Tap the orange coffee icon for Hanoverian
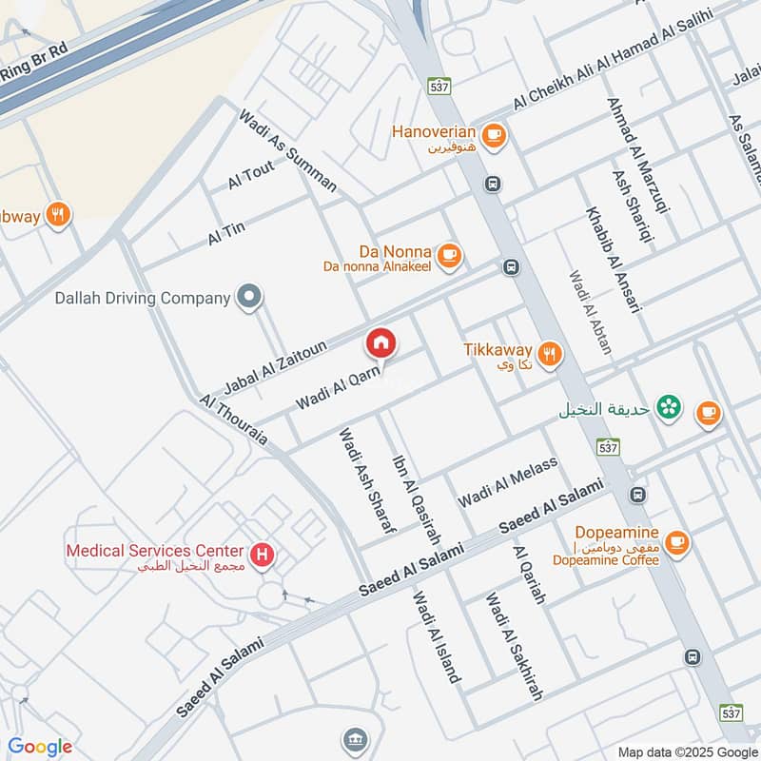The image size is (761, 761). click(x=493, y=135)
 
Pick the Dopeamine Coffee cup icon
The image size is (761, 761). click(x=676, y=542)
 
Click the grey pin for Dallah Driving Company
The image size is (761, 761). click(x=249, y=298)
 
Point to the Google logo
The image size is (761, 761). click(x=40, y=747)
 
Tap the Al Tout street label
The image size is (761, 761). click(x=251, y=175)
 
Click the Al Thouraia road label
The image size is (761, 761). click(x=234, y=420)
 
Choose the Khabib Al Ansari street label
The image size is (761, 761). click(x=615, y=259)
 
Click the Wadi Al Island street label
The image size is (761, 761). click(x=437, y=636)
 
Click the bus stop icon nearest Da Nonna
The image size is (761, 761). click(x=511, y=268)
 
